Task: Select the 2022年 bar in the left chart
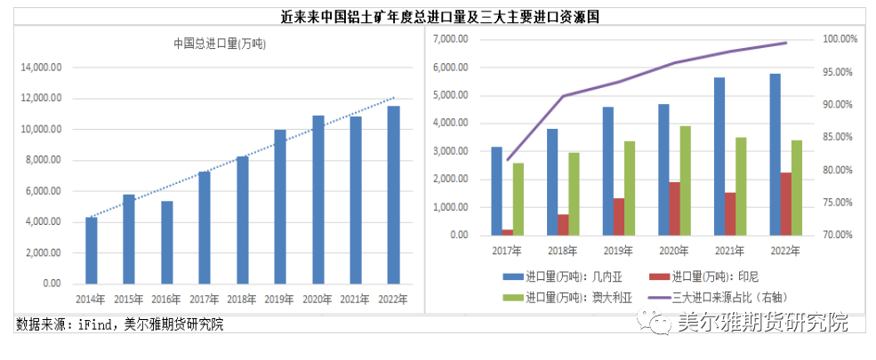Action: (393, 195)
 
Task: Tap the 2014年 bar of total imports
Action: (91, 250)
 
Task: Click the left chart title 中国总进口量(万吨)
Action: (220, 43)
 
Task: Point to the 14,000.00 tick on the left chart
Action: (41, 68)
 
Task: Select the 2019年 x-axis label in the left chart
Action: (279, 299)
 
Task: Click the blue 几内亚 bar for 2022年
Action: (776, 155)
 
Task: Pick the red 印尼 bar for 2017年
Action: (508, 232)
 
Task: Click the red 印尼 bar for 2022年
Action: (786, 204)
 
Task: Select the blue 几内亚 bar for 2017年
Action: (496, 191)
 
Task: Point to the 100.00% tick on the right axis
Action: (839, 39)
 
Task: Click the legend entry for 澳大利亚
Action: (568, 297)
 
